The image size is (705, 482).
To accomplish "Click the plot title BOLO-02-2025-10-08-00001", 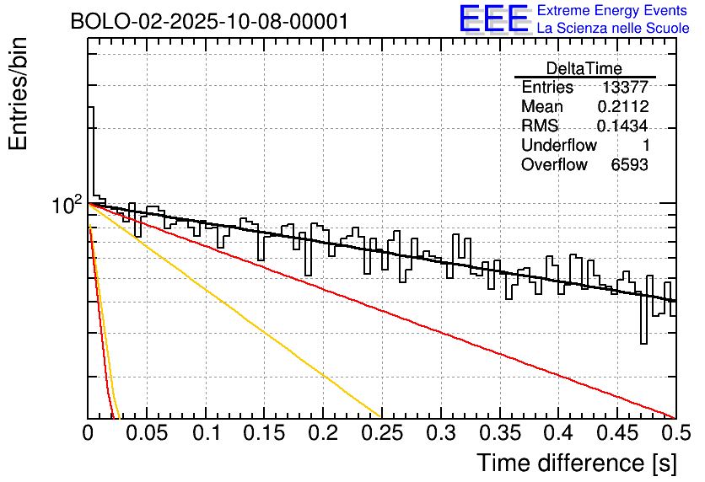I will tap(209, 21).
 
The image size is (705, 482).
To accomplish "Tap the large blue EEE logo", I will tap(494, 19).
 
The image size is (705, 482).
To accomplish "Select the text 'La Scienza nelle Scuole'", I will tap(613, 28).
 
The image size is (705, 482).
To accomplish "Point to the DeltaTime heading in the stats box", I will tap(584, 68).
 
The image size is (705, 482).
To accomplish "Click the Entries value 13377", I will tap(625, 88).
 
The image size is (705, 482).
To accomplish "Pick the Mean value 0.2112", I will tap(622, 107).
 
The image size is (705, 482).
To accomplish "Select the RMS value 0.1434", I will tap(622, 126).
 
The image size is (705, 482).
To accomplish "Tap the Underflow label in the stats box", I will tap(559, 146).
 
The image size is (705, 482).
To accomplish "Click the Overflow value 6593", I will tap(629, 165).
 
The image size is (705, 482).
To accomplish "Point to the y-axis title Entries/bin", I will tap(19, 95).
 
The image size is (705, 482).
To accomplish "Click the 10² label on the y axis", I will tap(67, 205).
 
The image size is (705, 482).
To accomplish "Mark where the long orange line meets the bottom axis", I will tap(380, 417).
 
